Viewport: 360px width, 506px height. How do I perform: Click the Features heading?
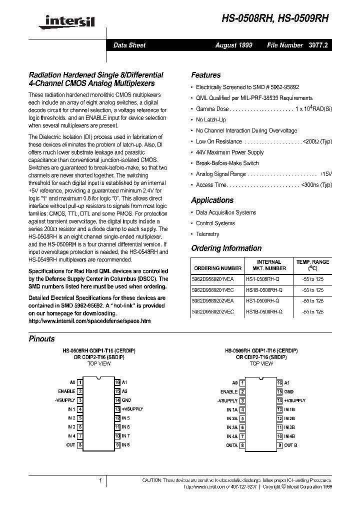click(x=205, y=75)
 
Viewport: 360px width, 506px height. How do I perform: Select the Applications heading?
click(x=212, y=200)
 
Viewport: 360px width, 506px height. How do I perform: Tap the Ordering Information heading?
click(x=226, y=248)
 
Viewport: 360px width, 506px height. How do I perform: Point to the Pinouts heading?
click(x=42, y=338)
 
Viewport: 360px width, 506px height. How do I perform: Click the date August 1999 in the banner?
click(x=233, y=45)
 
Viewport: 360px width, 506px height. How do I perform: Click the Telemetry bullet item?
click(x=207, y=234)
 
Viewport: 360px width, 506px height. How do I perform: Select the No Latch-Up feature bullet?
click(x=210, y=120)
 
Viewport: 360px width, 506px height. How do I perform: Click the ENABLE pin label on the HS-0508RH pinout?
click(x=66, y=391)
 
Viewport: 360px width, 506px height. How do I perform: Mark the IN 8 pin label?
click(x=125, y=444)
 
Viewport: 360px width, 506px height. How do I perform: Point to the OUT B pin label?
click(x=290, y=445)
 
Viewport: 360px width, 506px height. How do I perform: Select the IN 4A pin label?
click(x=231, y=436)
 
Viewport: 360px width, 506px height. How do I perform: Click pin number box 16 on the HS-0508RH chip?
click(x=117, y=382)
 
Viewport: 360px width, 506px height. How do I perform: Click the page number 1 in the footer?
click(x=100, y=480)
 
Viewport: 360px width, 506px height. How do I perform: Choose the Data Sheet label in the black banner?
click(x=129, y=45)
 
